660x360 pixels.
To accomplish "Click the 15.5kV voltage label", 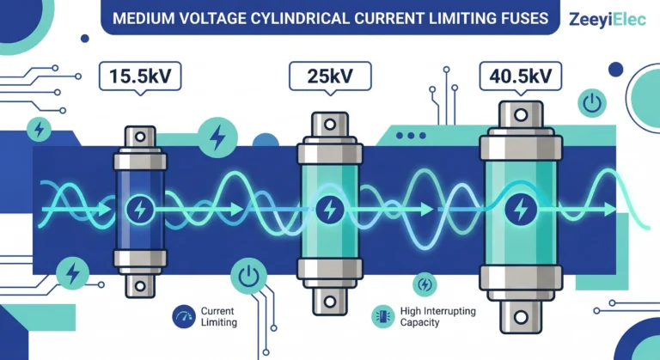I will [x=141, y=77].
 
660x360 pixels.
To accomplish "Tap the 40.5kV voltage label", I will [x=520, y=76].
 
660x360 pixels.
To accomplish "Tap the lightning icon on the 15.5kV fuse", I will [x=141, y=209].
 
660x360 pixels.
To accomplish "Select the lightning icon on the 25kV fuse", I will [x=330, y=209].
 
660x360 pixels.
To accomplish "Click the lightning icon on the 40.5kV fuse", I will [x=520, y=209].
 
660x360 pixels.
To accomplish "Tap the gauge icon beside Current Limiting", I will [x=183, y=315].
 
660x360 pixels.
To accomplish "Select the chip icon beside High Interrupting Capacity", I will [x=381, y=315].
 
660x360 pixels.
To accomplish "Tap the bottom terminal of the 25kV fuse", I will [x=330, y=298].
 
